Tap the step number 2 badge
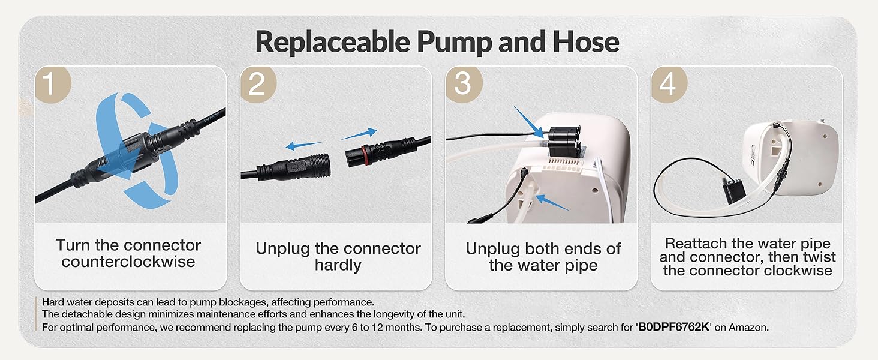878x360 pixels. click(257, 84)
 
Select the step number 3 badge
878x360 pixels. click(462, 84)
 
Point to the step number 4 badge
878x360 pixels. click(667, 84)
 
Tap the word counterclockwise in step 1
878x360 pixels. click(128, 262)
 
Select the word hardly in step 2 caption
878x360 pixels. click(338, 265)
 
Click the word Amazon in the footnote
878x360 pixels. click(749, 327)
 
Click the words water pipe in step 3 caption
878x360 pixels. click(543, 265)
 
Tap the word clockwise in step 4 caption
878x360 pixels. click(797, 271)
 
